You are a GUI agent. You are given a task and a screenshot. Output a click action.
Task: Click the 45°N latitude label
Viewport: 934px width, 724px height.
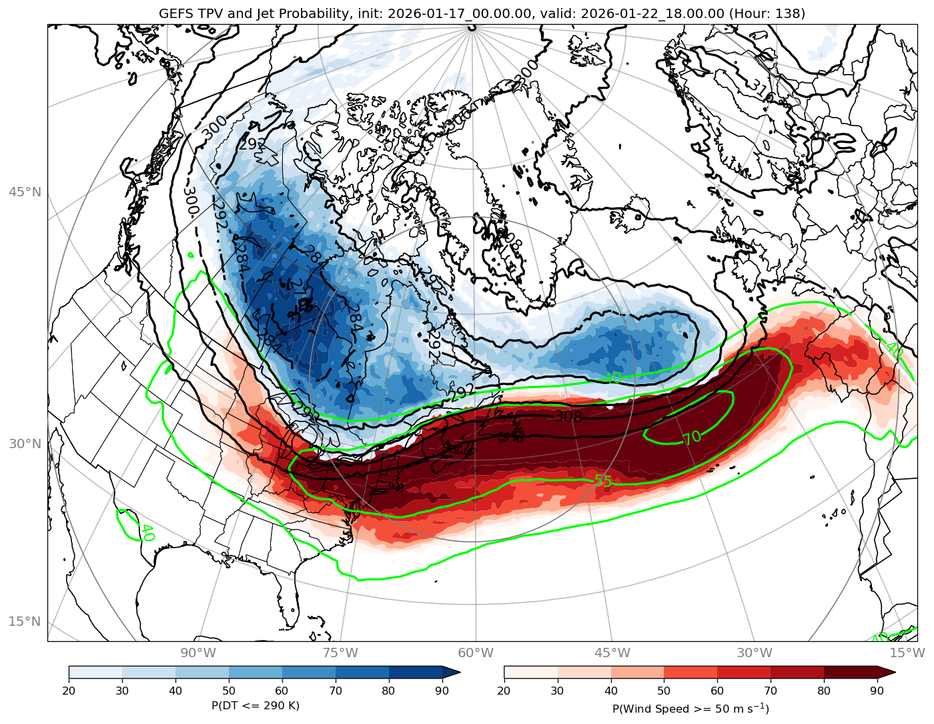(25, 192)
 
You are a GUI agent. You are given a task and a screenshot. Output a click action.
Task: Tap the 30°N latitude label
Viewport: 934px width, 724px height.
(25, 444)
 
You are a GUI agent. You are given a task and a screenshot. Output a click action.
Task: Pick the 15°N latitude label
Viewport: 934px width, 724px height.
(25, 622)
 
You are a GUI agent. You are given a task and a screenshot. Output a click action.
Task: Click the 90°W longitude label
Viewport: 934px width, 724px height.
(198, 653)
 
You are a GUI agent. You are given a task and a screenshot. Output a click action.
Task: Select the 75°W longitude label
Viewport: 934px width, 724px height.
(340, 653)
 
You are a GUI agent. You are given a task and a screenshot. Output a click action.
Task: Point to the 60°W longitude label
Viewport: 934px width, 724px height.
(476, 653)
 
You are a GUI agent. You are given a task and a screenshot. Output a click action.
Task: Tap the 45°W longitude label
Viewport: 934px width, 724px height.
(612, 653)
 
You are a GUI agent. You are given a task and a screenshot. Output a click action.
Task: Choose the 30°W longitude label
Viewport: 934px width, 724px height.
(755, 653)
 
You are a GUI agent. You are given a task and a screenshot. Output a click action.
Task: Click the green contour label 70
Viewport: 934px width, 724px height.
(692, 437)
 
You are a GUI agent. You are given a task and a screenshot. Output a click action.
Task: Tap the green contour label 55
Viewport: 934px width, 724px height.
(603, 481)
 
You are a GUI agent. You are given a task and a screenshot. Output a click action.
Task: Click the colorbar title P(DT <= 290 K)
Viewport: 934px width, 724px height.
(256, 705)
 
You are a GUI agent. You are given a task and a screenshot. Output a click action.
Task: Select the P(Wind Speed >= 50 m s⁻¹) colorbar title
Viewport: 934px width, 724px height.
(690, 708)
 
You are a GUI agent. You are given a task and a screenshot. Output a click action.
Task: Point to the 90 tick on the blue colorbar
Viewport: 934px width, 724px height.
(442, 690)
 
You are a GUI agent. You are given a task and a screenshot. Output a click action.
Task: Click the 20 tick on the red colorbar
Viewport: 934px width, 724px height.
(504, 690)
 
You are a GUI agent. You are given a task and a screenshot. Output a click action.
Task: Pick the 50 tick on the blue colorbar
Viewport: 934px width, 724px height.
(229, 690)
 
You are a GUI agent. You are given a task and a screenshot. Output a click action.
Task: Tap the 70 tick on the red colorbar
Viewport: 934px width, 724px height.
(771, 690)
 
